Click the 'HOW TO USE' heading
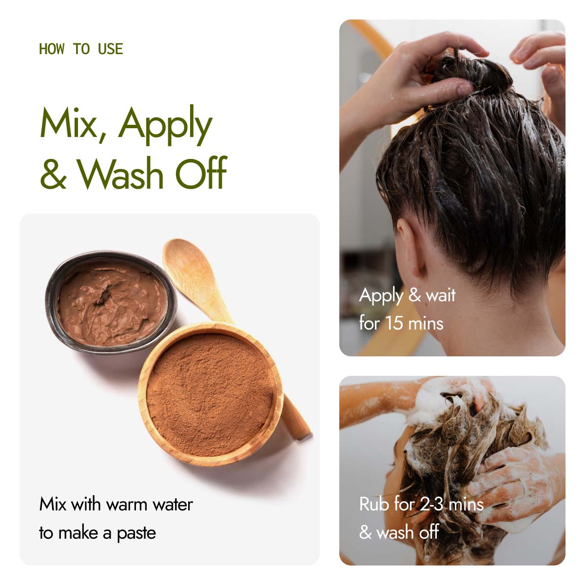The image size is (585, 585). click(81, 49)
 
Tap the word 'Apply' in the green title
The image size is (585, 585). click(165, 125)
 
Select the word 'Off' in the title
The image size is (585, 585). click(201, 173)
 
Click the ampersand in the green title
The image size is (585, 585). click(54, 174)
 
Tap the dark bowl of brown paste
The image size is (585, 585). click(111, 302)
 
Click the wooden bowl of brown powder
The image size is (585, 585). click(211, 394)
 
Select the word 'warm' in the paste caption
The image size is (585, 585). click(128, 506)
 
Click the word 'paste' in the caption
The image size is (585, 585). click(136, 534)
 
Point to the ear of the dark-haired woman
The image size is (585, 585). click(409, 246)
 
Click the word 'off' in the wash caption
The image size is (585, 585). click(429, 532)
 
